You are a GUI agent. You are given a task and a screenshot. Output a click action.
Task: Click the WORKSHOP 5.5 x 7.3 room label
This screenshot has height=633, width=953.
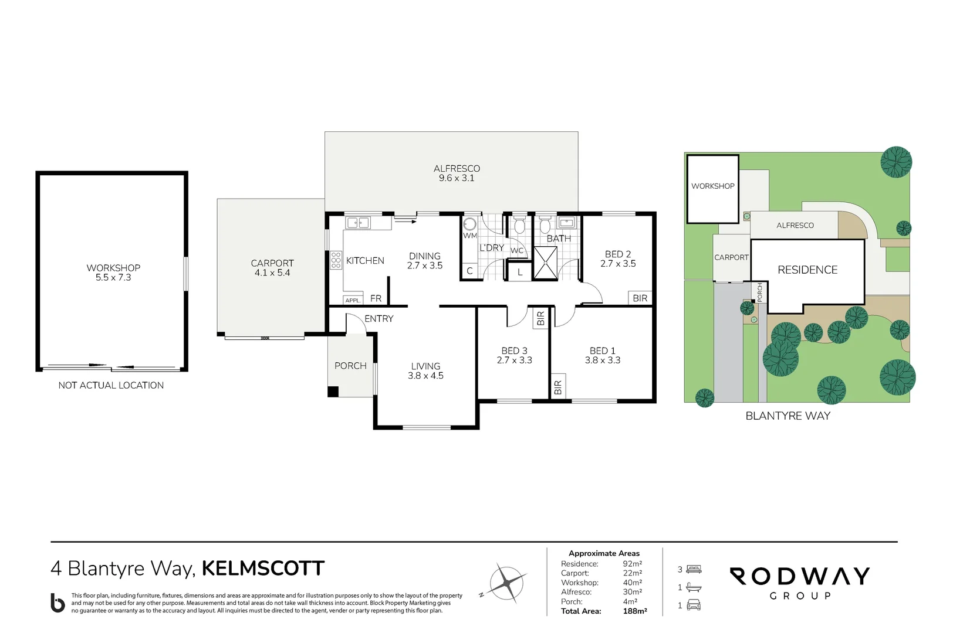click(x=113, y=273)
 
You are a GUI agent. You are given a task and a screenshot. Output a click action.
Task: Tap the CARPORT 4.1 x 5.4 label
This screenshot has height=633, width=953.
click(x=272, y=268)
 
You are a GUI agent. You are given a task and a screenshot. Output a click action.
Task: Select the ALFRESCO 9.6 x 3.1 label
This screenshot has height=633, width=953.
click(x=457, y=173)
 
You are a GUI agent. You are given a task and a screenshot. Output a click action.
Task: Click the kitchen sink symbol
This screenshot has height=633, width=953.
click(x=358, y=222)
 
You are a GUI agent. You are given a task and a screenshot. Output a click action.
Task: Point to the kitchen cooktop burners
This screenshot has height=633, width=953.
click(x=336, y=260)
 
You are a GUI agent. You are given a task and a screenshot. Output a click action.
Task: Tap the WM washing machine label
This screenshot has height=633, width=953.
click(x=469, y=236)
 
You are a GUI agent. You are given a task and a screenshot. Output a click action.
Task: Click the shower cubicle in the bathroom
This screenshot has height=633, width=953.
click(x=545, y=263)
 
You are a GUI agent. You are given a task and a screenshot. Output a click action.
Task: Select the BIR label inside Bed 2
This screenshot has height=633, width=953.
click(x=640, y=298)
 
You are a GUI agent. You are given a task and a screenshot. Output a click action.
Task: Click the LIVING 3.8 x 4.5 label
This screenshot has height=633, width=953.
click(x=425, y=371)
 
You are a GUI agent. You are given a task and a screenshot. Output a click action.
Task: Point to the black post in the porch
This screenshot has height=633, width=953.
click(x=333, y=392)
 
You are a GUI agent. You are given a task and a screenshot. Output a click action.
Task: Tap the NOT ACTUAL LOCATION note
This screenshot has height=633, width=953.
click(x=111, y=385)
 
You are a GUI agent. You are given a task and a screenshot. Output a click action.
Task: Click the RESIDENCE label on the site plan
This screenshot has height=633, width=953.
click(x=807, y=270)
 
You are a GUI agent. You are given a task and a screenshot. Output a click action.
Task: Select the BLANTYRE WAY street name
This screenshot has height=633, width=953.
click(x=788, y=416)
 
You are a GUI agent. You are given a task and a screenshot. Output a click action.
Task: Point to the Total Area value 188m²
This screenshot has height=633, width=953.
click(x=635, y=611)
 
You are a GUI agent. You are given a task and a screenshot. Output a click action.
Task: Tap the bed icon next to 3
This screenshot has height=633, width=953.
click(x=694, y=569)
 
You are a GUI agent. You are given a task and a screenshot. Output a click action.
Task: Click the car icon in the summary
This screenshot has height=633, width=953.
click(x=694, y=604)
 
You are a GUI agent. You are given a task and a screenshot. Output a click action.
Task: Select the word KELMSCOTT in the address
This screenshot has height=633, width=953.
click(x=263, y=569)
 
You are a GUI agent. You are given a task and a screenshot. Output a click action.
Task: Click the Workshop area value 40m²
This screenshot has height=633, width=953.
click(x=632, y=583)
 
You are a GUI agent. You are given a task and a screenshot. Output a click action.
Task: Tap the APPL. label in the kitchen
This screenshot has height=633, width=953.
click(x=353, y=300)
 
